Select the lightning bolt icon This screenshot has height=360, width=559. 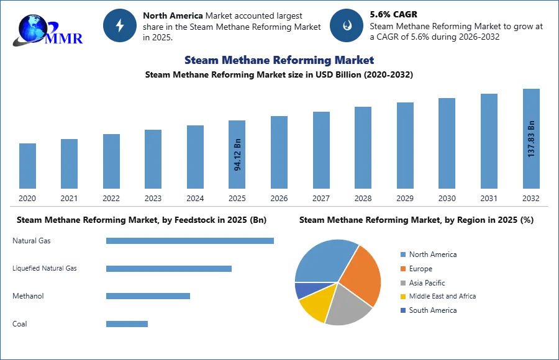click(x=120, y=25)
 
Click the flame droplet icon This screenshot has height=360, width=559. click(x=346, y=25)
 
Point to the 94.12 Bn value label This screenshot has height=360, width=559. click(x=238, y=154)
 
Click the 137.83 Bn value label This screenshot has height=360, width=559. click(x=531, y=138)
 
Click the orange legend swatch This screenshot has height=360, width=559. click(x=402, y=268)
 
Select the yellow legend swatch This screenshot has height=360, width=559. click(x=402, y=297)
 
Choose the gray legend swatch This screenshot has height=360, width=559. click(x=402, y=282)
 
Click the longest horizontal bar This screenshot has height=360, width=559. click(x=191, y=240)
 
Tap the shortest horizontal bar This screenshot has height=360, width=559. click(x=127, y=323)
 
